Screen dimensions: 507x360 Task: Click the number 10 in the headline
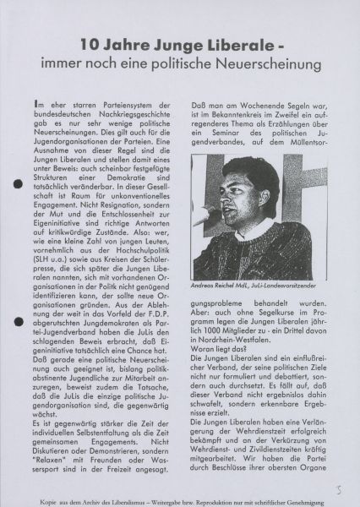pos(90,43)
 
